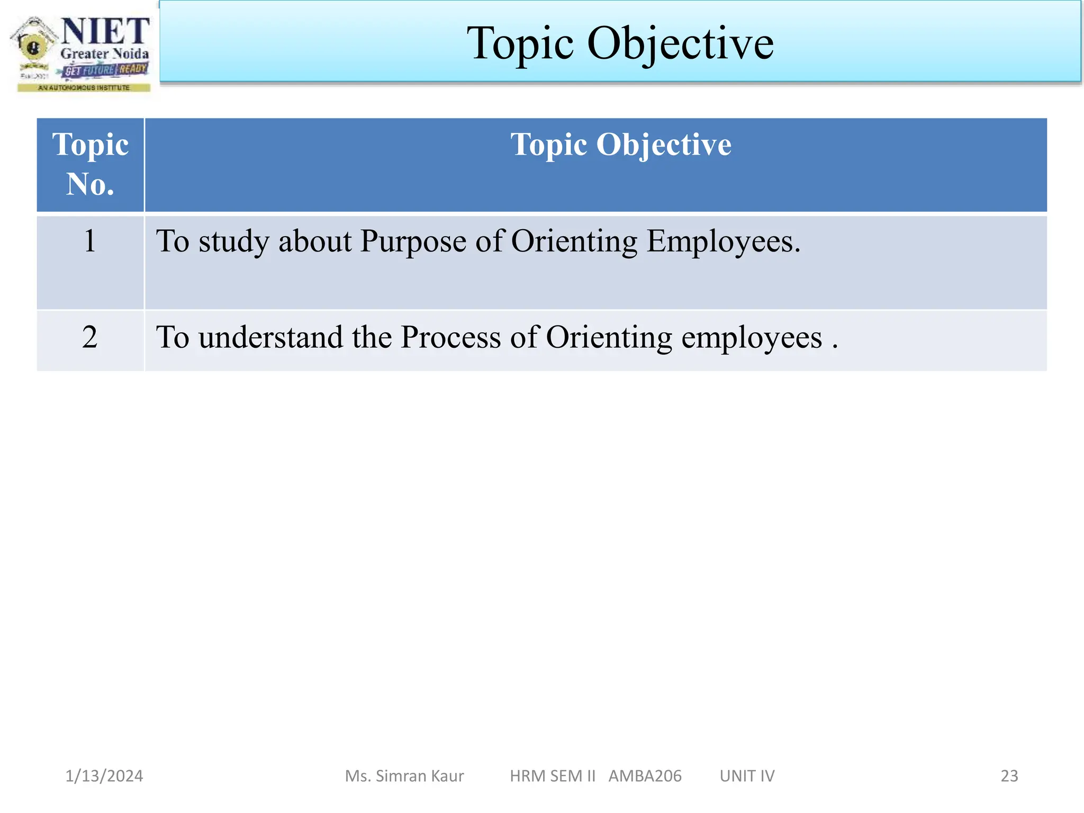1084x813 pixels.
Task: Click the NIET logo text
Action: coord(105,31)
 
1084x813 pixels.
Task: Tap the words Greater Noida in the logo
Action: coord(104,54)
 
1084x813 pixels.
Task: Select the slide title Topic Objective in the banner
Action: coord(620,43)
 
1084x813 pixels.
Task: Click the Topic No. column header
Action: coord(90,164)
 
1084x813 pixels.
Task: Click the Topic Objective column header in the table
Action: coord(620,144)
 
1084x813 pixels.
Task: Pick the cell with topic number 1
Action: coord(90,241)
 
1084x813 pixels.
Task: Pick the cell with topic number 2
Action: coord(90,337)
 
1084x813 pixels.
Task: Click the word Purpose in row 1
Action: coord(413,242)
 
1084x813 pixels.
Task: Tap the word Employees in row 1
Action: coord(723,242)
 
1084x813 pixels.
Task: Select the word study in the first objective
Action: coord(233,242)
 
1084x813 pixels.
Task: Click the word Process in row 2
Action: coord(450,337)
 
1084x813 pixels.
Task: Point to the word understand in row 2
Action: coord(270,337)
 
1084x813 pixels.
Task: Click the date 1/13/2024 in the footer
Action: coord(104,776)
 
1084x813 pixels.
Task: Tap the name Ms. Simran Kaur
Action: coord(404,776)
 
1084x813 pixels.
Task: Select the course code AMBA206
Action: coord(645,776)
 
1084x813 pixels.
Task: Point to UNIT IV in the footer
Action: coord(747,776)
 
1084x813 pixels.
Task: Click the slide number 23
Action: coord(1009,776)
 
